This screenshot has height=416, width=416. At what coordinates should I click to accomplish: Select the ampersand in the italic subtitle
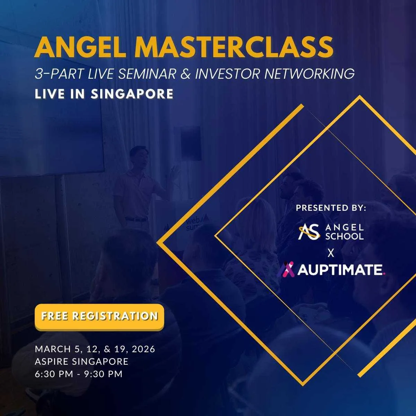pyautogui.click(x=186, y=73)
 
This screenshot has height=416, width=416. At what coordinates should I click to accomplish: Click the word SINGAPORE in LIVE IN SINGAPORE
pyautogui.click(x=132, y=94)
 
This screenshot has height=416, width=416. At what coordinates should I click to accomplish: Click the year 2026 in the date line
pyautogui.click(x=144, y=349)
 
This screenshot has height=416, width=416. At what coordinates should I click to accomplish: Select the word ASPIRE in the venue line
pyautogui.click(x=52, y=362)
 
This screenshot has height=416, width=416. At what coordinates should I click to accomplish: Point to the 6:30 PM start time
pyautogui.click(x=54, y=374)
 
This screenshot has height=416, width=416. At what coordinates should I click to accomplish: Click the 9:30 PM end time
pyautogui.click(x=103, y=374)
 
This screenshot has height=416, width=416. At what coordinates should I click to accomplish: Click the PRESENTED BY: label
pyautogui.click(x=331, y=208)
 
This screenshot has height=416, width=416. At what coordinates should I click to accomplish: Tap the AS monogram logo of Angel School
pyautogui.click(x=309, y=232)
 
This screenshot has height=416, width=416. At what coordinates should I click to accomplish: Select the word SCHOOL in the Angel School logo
pyautogui.click(x=344, y=236)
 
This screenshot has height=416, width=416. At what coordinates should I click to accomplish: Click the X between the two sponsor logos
pyautogui.click(x=331, y=253)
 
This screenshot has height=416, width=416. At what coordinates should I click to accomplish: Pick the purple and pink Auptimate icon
pyautogui.click(x=286, y=269)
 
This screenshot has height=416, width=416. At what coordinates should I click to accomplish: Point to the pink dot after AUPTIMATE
pyautogui.click(x=384, y=274)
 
